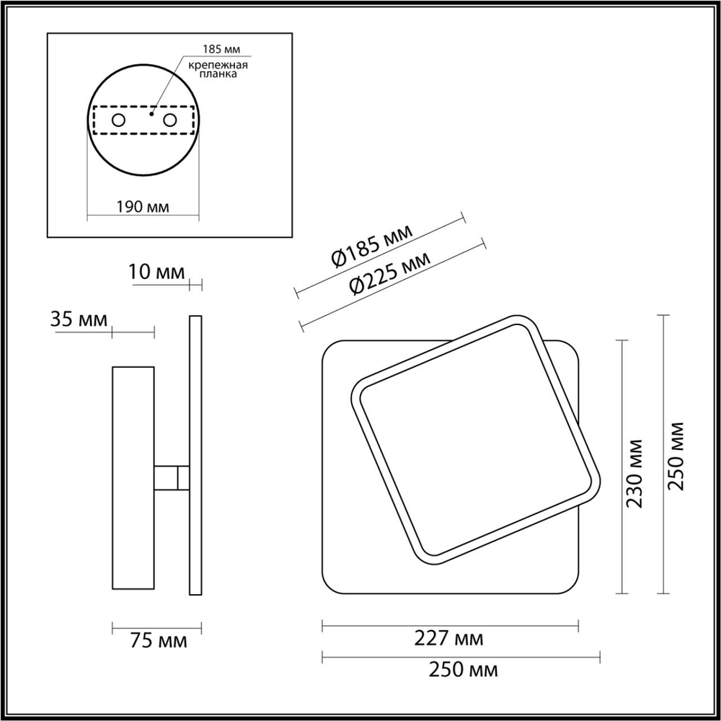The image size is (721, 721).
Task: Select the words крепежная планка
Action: point(218,71)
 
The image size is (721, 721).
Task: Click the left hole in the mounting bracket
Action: point(118,120)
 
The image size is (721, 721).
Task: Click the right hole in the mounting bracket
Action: point(170,120)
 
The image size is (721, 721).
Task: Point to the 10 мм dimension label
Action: point(156,273)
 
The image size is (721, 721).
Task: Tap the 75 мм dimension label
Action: point(156,641)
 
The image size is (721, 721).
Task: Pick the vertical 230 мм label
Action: point(635,472)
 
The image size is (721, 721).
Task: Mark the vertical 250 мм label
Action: point(676,456)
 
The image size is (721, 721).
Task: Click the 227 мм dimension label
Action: point(449,638)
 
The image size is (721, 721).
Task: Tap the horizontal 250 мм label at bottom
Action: point(462,671)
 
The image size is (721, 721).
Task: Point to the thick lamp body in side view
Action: point(133,478)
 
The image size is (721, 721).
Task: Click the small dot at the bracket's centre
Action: point(151,114)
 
